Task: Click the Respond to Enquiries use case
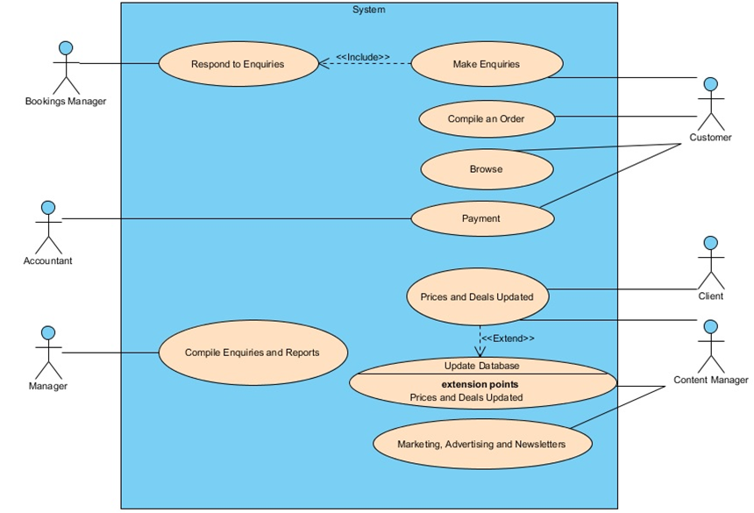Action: point(238,64)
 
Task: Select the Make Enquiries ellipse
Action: point(486,64)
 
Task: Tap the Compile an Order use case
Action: point(486,118)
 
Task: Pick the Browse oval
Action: point(486,168)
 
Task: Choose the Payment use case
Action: point(480,218)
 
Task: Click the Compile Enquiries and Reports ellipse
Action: point(252,353)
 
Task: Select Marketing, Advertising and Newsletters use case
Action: point(481,444)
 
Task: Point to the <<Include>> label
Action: point(362,57)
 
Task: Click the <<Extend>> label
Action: point(509,338)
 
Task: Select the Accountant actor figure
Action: point(48,227)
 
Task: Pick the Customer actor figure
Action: point(711,103)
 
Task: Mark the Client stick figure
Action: point(711,262)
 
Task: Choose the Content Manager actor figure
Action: point(711,346)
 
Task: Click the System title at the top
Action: point(368,10)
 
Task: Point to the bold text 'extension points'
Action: point(480,384)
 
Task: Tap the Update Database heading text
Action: point(480,365)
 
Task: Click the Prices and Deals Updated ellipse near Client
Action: point(477,296)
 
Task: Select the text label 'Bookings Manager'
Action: point(66,102)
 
